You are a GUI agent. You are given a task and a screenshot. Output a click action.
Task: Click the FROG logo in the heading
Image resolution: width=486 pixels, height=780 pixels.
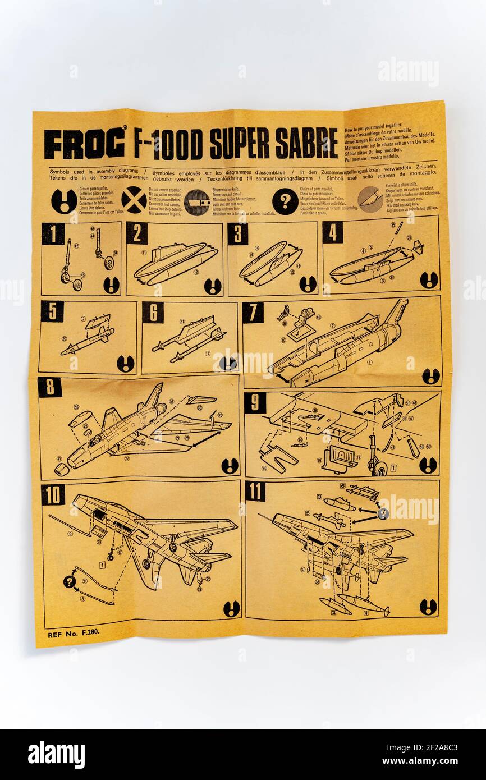84,144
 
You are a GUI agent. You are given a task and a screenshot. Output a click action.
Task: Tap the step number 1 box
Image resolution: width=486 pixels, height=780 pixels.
53,233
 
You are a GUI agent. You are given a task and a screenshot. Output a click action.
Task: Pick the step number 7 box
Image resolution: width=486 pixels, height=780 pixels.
253,313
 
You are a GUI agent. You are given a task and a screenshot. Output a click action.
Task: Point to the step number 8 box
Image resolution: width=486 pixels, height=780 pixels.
49,387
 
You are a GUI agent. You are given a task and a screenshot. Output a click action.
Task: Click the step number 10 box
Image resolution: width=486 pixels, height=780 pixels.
53,494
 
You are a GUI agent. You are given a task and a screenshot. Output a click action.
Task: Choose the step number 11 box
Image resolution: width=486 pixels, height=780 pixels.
255,491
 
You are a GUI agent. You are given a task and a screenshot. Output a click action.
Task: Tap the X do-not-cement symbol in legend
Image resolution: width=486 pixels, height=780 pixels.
134,200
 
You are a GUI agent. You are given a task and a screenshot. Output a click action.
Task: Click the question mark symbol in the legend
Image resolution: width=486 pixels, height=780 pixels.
285,201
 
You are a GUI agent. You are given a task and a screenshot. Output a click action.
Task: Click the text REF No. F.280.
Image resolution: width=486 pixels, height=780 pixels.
74,634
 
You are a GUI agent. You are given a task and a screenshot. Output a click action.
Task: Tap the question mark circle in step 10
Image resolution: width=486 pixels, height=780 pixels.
69,582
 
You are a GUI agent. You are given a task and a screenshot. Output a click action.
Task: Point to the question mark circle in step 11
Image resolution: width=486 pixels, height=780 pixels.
383,513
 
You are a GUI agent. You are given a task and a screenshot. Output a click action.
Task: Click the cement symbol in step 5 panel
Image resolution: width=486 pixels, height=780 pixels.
125,363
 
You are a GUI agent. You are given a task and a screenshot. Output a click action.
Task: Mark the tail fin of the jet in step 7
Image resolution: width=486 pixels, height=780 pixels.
397,311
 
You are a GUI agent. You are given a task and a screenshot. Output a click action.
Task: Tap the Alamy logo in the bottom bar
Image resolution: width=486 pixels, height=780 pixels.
56,755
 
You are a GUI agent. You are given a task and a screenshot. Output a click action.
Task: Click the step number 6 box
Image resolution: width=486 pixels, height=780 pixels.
153,313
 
